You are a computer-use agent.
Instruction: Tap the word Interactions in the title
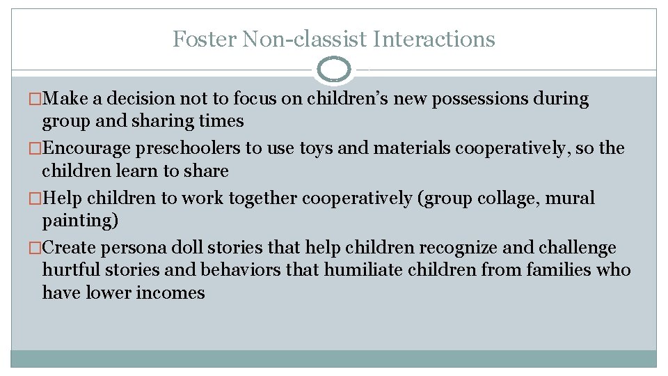434,39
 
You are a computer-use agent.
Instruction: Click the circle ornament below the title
334,70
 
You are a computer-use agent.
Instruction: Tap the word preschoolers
191,148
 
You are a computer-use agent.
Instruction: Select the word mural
570,198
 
